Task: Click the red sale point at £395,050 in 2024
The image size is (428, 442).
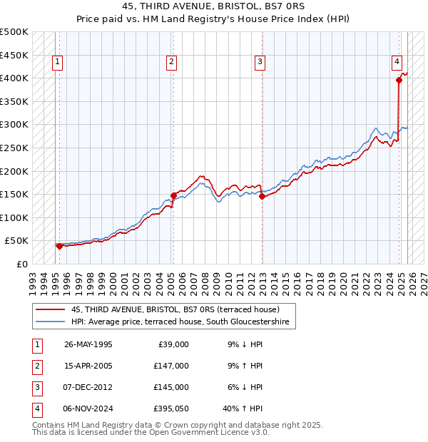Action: [399, 81]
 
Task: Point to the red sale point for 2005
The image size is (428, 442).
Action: [173, 195]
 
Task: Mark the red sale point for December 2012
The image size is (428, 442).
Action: [262, 197]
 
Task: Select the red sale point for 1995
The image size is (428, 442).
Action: [59, 246]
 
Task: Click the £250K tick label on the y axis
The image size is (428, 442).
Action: [14, 148]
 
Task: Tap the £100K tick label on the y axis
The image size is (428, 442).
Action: [14, 217]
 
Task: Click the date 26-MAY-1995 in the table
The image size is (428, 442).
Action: [88, 344]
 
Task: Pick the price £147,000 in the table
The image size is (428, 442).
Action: [170, 366]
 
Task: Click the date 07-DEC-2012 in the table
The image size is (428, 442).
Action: [88, 387]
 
